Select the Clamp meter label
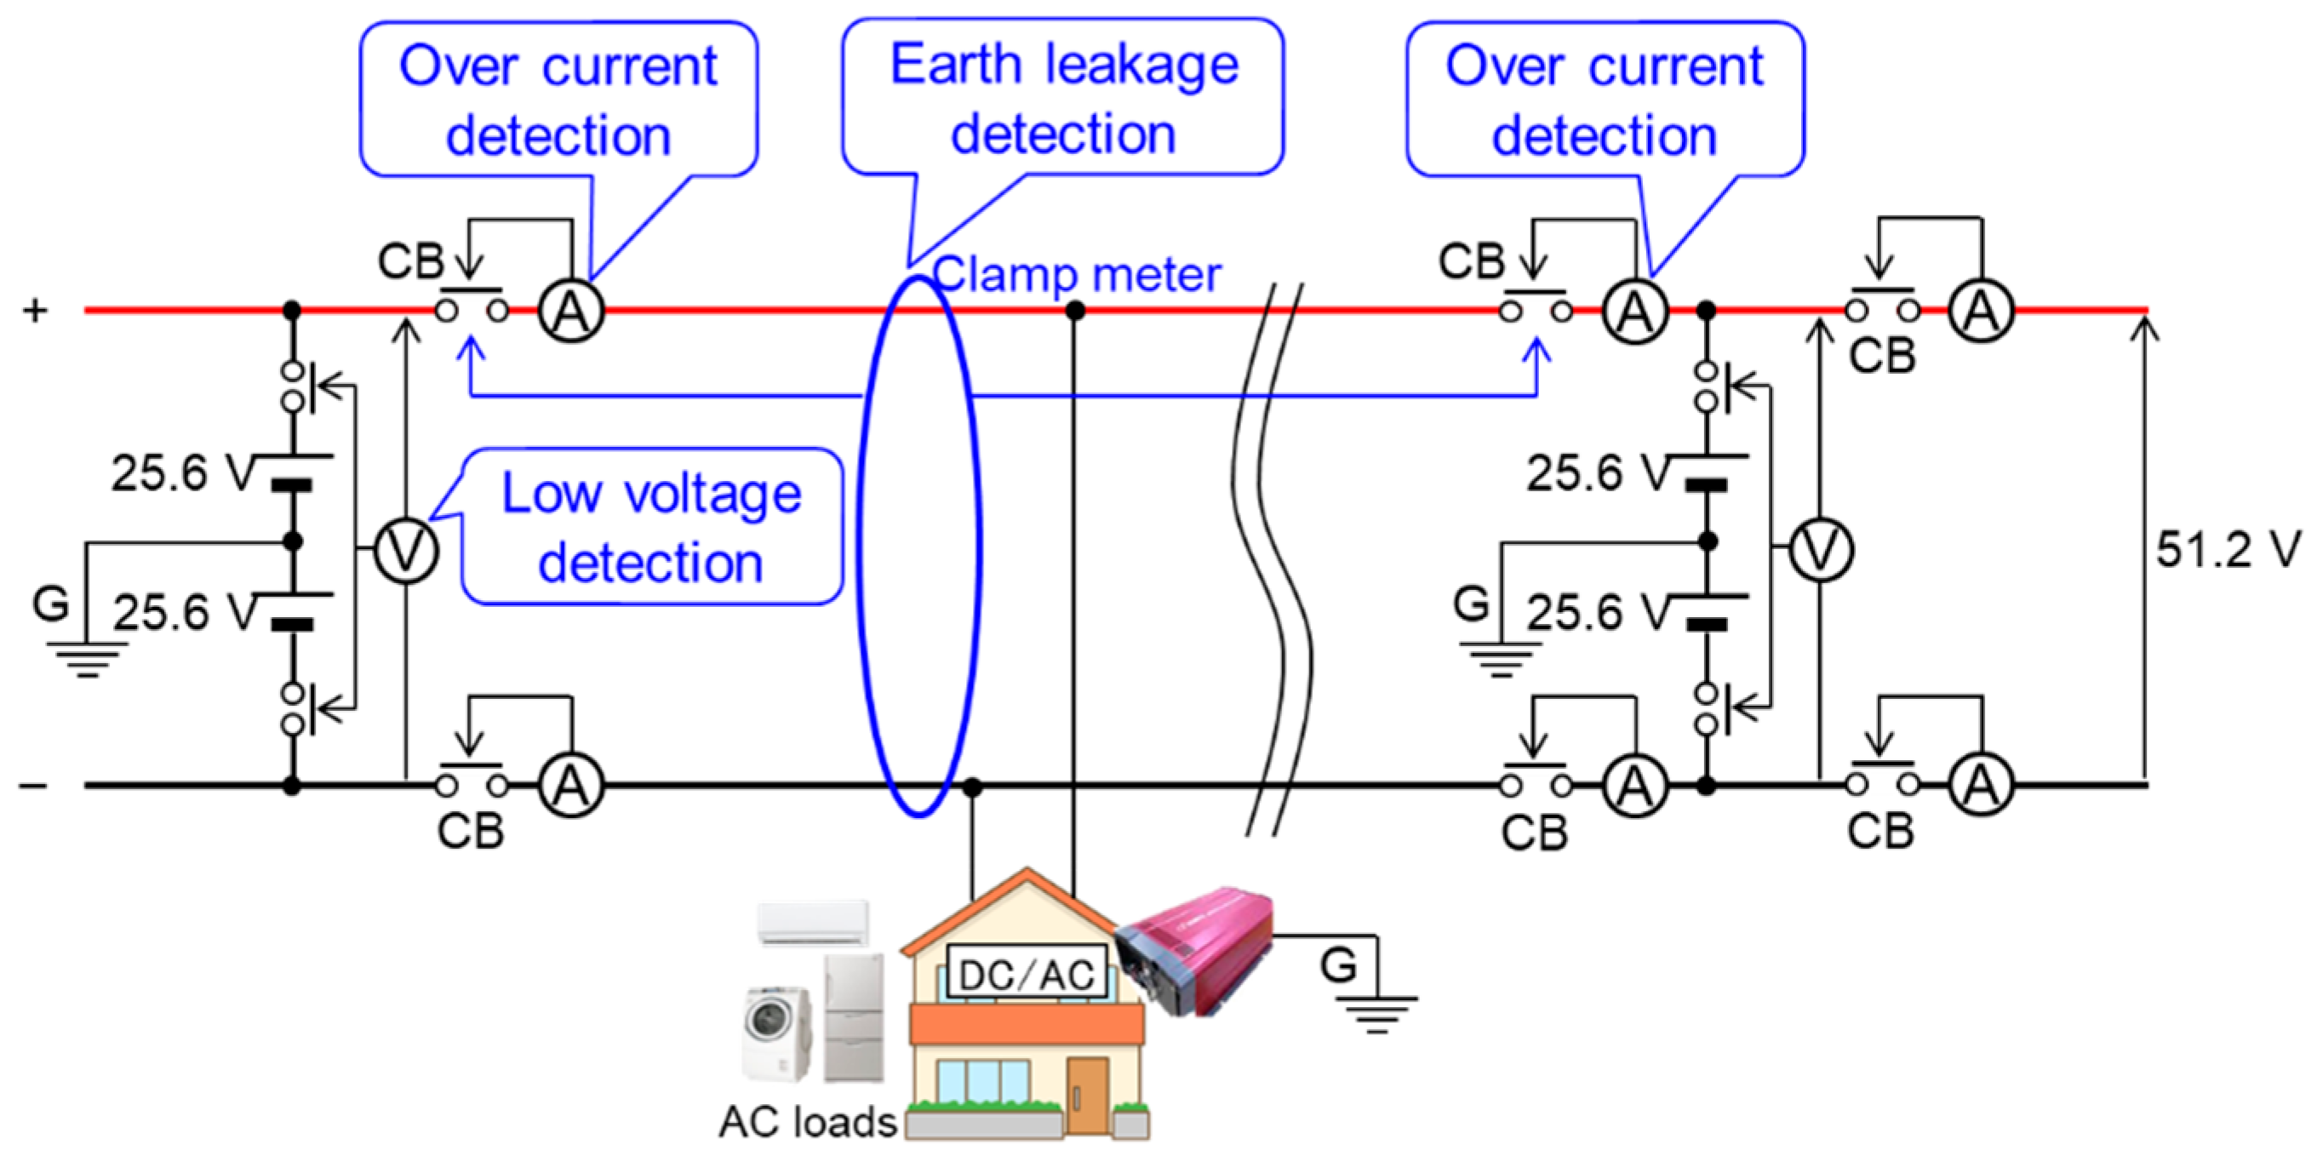[x=1078, y=273]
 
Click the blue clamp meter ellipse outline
[x=861, y=540]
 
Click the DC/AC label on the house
[x=1027, y=975]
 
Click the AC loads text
[x=807, y=1122]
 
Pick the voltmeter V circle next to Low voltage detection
[x=406, y=550]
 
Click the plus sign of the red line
[x=34, y=311]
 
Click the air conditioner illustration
[x=813, y=923]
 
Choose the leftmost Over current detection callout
[x=558, y=99]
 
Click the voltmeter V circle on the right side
[x=1820, y=550]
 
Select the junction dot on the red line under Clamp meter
[x=1074, y=311]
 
